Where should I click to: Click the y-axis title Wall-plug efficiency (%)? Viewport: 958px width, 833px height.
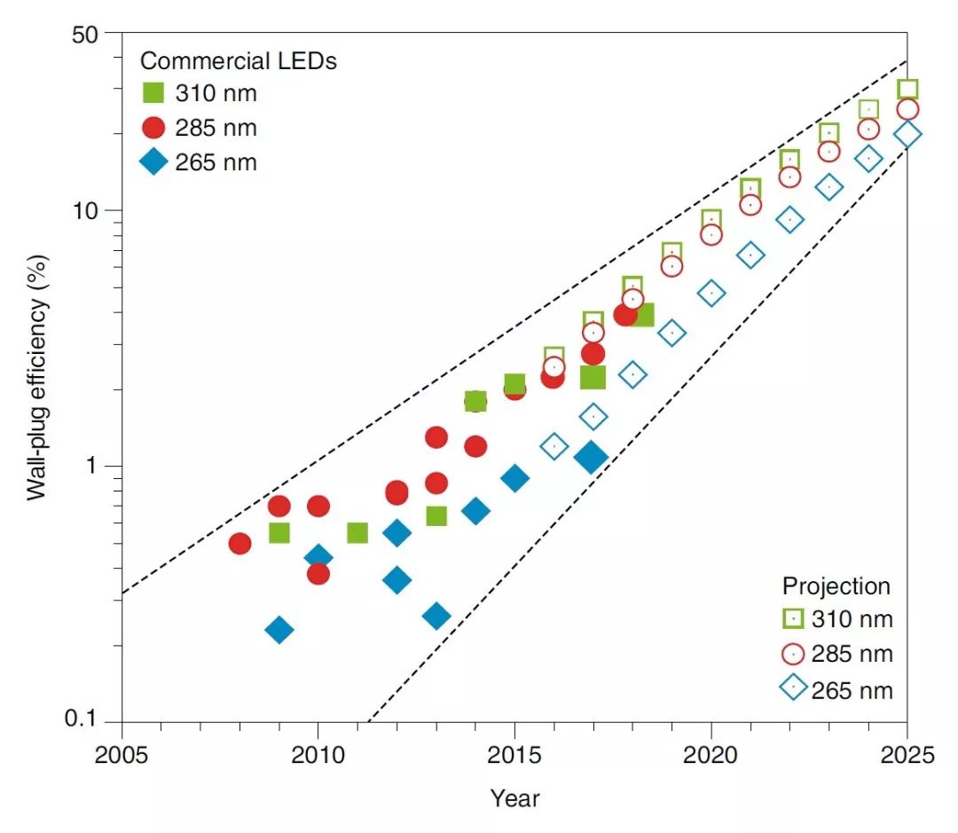coord(36,376)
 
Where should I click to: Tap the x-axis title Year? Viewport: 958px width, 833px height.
coord(514,798)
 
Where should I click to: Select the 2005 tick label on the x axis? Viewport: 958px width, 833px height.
coord(122,755)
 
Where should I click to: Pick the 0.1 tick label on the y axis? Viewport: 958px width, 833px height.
coord(86,721)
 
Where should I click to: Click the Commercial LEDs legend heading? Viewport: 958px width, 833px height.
coord(239,61)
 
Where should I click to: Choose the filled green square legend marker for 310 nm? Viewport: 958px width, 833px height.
coord(154,93)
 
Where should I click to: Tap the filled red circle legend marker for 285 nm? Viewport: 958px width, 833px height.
coord(154,128)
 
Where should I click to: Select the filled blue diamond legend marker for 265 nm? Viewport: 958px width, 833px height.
coord(154,162)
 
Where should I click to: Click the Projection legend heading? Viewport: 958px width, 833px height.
coord(836,586)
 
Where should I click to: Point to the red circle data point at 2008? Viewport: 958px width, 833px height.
coord(239,543)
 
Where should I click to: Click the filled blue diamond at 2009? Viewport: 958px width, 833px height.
coord(279,630)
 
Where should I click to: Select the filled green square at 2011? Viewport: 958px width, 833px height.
coord(357,532)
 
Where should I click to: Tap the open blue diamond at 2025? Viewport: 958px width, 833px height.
coord(907,134)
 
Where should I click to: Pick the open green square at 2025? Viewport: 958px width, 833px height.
coord(907,89)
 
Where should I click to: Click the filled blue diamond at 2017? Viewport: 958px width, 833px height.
coord(592,457)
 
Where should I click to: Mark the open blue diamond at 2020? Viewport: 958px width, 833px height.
coord(711,293)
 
